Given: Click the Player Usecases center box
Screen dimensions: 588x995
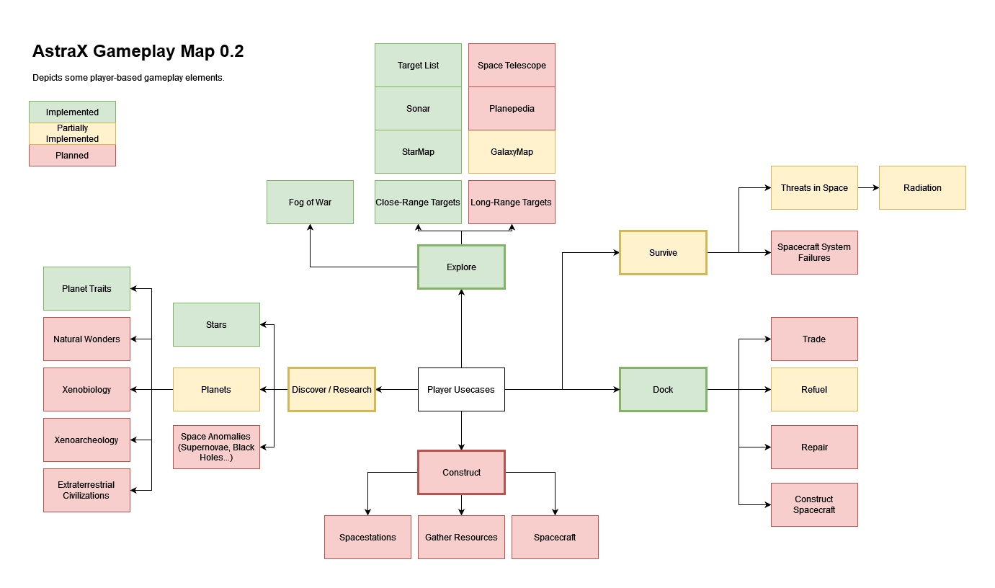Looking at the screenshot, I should click(461, 389).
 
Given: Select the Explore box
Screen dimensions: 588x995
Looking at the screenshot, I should click(461, 267).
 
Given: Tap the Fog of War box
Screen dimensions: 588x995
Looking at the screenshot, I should click(310, 202).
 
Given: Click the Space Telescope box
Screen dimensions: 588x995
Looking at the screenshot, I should click(512, 65).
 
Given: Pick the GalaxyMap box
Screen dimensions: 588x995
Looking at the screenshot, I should click(512, 151).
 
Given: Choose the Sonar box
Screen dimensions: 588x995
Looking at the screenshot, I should click(418, 108).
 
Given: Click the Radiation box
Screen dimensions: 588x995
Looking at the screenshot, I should click(922, 187).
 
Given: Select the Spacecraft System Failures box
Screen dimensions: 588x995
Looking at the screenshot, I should click(814, 252).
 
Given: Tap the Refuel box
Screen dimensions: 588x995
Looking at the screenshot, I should click(814, 389).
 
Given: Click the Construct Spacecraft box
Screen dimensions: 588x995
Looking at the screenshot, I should click(814, 504).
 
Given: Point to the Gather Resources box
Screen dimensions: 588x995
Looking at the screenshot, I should click(461, 537).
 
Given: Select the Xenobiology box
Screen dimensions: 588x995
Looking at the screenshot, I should click(86, 389).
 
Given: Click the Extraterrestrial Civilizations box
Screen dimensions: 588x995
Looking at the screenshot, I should click(86, 490).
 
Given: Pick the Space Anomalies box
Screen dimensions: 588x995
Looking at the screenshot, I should click(216, 447).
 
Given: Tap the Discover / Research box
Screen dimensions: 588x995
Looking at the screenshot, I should click(331, 389).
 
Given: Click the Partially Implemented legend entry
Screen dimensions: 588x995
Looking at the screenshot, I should click(72, 133).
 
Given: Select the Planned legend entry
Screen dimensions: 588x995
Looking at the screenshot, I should click(72, 155).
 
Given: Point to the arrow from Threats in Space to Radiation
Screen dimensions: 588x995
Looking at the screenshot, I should click(868, 187).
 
